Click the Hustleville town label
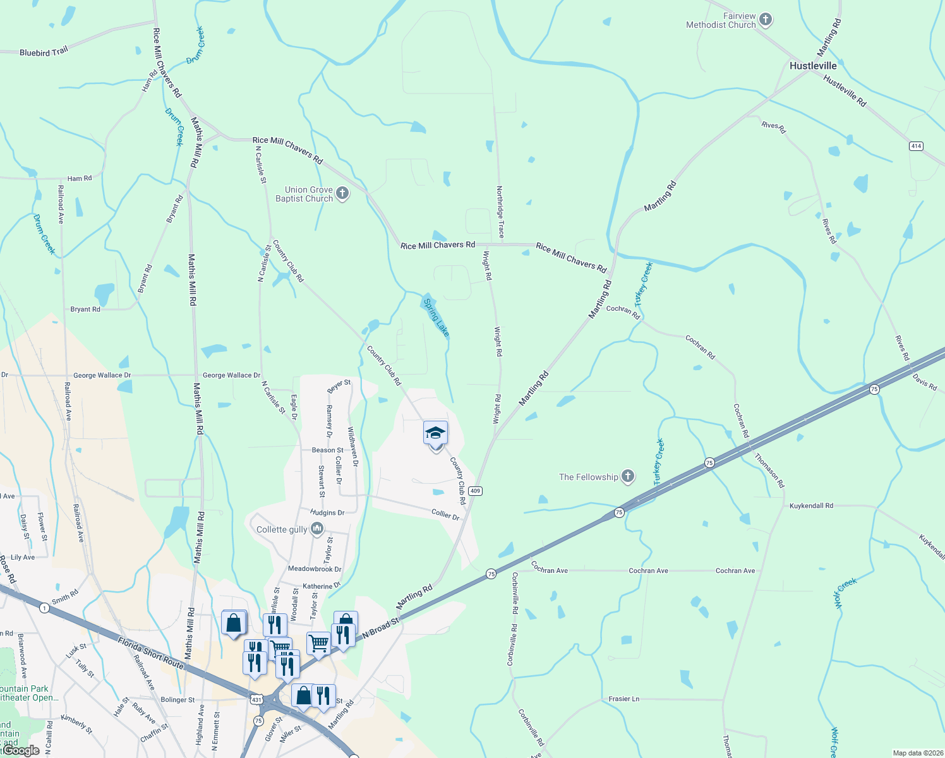812,66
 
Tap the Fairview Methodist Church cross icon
766,20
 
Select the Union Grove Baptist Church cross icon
342,193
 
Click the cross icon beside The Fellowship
627,476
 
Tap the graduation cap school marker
435,433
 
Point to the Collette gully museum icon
317,529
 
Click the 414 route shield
916,146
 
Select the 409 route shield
476,491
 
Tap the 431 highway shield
256,700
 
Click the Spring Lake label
436,317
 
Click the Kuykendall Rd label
811,505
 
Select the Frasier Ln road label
623,699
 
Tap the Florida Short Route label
150,653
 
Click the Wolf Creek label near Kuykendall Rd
846,593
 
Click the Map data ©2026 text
916,753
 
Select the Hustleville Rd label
845,90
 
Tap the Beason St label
327,450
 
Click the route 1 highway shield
44,608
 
